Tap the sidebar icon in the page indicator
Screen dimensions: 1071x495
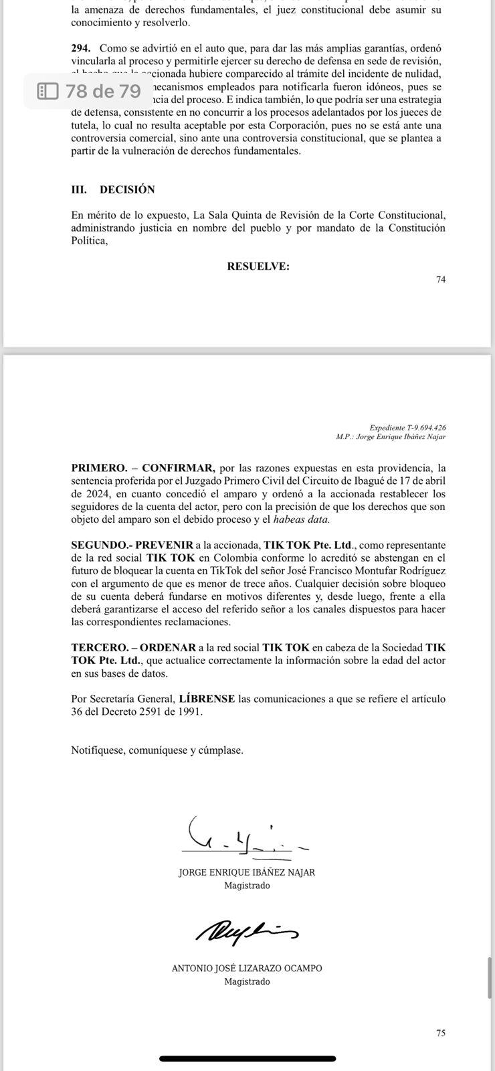point(48,90)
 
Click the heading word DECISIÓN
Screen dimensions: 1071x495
point(127,189)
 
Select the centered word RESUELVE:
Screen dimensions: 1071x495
point(258,266)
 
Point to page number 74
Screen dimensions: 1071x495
point(441,280)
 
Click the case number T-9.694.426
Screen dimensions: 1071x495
point(421,427)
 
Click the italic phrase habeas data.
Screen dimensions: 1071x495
point(302,519)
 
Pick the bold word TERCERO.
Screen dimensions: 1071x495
point(99,647)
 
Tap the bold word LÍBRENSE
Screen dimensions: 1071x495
point(207,699)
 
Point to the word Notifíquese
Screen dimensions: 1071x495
point(98,750)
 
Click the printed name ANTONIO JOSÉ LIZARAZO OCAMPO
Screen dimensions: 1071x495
point(247,969)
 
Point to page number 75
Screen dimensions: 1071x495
point(441,1033)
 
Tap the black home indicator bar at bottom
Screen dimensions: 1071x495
point(248,1058)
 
